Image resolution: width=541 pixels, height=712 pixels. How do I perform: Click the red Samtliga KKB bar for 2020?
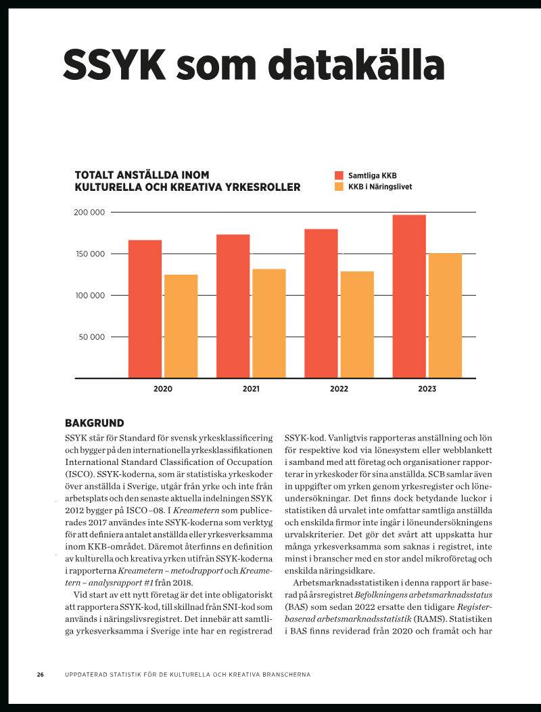tap(145, 309)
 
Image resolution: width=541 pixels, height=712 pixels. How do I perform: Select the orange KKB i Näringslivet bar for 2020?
tap(181, 326)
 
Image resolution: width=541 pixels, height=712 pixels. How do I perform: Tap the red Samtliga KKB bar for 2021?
tap(233, 306)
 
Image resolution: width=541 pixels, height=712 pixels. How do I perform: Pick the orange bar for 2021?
tap(269, 324)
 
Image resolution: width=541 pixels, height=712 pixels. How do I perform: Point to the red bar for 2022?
tap(321, 303)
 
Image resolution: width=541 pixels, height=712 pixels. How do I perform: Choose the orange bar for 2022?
tap(357, 325)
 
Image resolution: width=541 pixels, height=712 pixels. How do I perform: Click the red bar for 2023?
tap(409, 296)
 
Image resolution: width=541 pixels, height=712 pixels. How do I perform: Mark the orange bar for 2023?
tap(445, 315)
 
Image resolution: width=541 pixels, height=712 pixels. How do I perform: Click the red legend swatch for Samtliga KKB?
tap(339, 175)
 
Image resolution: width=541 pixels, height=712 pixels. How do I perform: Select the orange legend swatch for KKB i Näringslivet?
tap(339, 187)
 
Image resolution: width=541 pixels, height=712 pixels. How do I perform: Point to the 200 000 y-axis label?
tap(89, 213)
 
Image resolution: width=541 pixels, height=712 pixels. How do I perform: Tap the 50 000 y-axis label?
tap(92, 337)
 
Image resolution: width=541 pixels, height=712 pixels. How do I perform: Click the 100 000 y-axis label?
tap(90, 296)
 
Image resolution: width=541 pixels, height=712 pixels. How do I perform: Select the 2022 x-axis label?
tap(339, 388)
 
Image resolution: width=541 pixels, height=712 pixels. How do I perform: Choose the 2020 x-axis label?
tap(163, 388)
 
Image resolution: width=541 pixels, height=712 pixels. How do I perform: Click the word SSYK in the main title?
tap(114, 65)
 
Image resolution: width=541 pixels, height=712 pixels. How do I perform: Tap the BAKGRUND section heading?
tap(95, 423)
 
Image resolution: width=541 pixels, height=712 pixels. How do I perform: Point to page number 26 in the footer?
tap(41, 675)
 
